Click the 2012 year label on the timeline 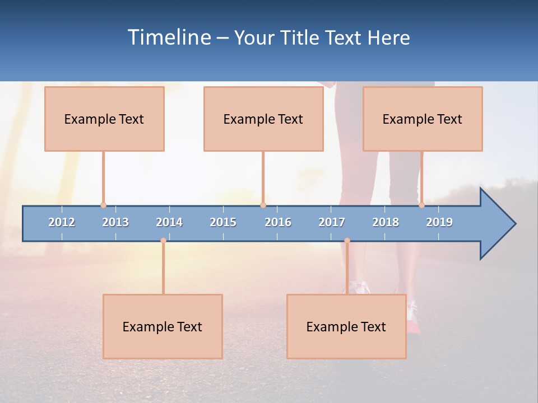pos(62,222)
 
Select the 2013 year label pos(115,222)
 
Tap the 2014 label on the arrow pos(169,222)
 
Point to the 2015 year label pos(223,222)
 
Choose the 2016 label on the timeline pos(278,222)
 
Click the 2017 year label pos(332,222)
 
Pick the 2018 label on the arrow pos(386,222)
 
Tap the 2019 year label pos(439,222)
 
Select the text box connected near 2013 pos(104,119)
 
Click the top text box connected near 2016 pos(263,119)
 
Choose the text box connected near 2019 pos(423,119)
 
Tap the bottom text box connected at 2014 pos(163,326)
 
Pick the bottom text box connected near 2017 pos(346,326)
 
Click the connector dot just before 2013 pos(103,205)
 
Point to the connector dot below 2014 pos(163,241)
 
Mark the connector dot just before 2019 pos(421,205)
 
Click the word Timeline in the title pos(168,38)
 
